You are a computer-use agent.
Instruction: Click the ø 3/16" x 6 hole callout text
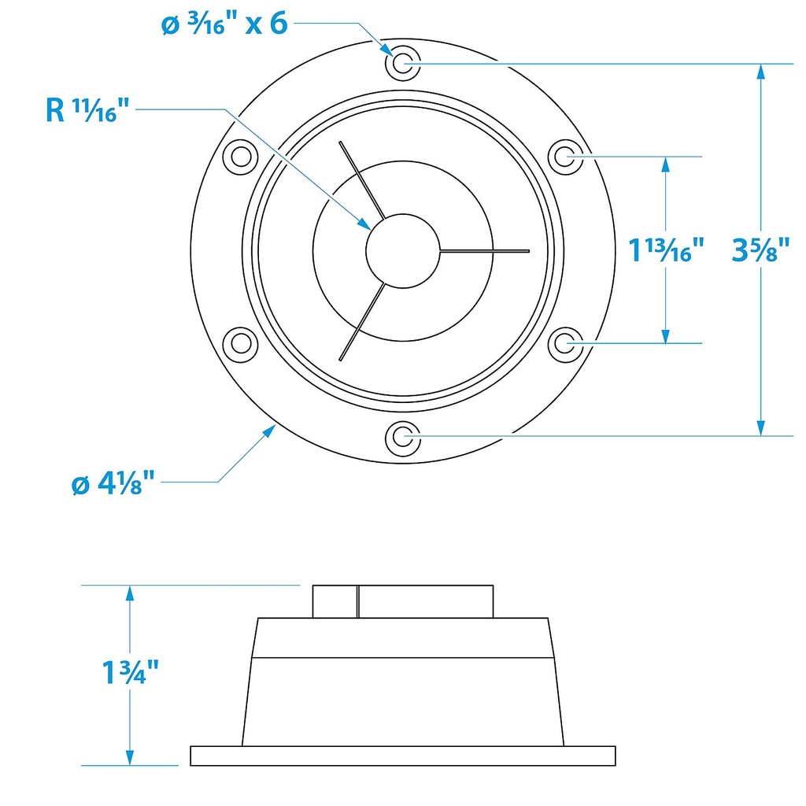[224, 24]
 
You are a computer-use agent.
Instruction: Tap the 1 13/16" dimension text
[666, 250]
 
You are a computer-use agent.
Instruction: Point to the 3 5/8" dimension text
[760, 250]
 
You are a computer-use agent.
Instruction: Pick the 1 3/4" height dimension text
[131, 672]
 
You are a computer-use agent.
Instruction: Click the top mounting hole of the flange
[403, 64]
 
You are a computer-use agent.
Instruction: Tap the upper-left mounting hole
[241, 157]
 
